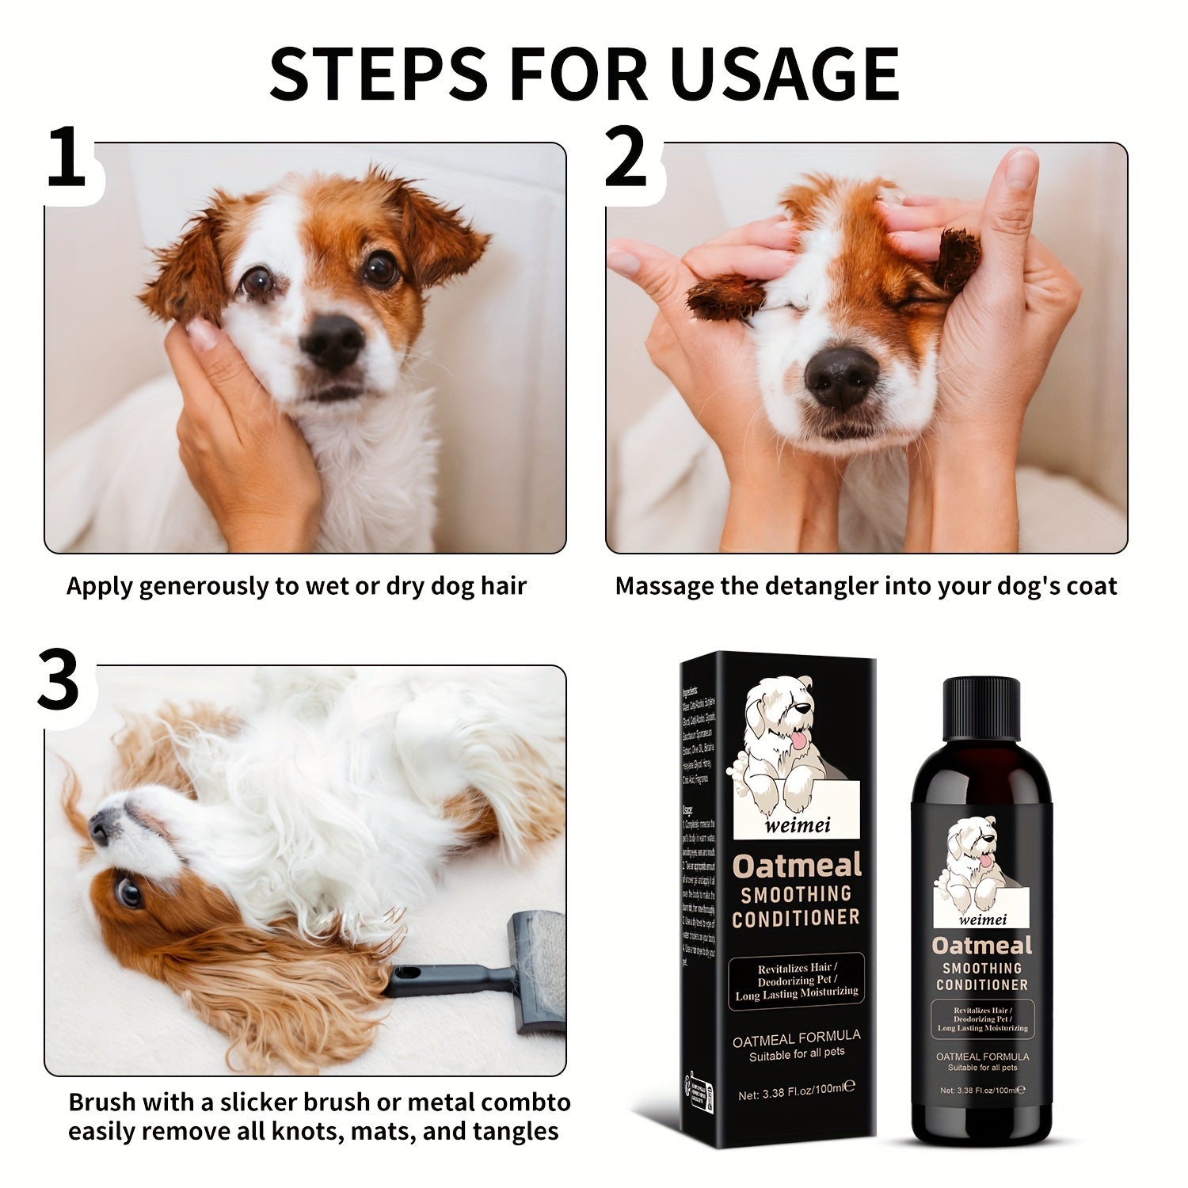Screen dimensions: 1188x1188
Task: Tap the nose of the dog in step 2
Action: click(x=841, y=378)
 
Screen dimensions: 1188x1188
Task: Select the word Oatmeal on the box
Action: click(x=796, y=866)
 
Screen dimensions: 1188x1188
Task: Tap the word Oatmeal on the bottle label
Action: click(x=982, y=946)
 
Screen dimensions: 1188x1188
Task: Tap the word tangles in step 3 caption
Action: click(x=515, y=1131)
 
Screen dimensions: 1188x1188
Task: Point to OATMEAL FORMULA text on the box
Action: click(x=797, y=1036)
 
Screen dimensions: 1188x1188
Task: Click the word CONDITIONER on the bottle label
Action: click(x=982, y=984)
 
